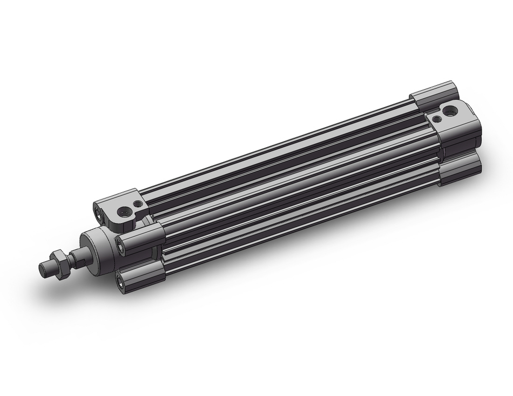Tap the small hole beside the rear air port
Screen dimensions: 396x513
click(x=437, y=118)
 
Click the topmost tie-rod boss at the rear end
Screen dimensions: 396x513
click(x=433, y=94)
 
